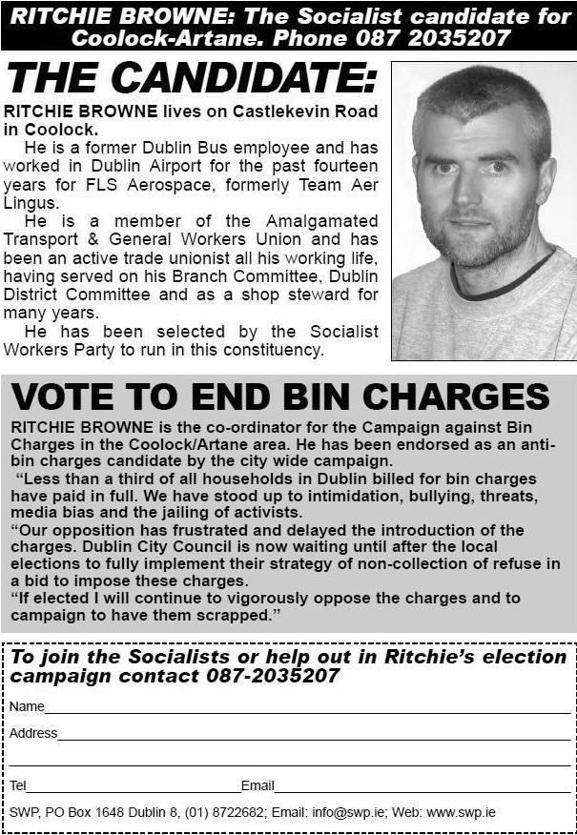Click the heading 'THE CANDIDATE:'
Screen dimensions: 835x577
tap(191, 79)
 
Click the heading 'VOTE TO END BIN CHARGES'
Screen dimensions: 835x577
tap(280, 397)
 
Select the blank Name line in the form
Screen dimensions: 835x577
tap(305, 708)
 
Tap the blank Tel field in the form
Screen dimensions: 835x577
tap(134, 787)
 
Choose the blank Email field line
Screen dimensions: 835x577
tap(420, 787)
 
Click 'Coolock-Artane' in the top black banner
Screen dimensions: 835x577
tap(148, 37)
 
